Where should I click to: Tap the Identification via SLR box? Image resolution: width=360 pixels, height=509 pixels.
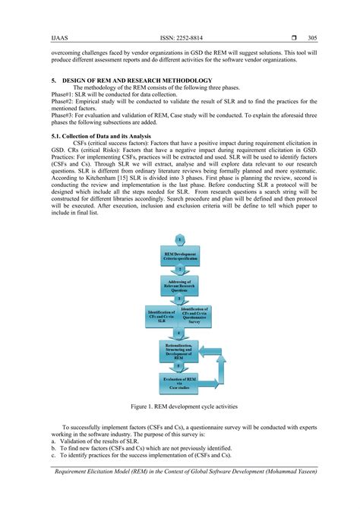click(x=161, y=315)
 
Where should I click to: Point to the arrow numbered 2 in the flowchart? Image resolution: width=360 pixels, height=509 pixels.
click(x=179, y=270)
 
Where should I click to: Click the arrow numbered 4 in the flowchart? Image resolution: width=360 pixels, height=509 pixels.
click(x=179, y=333)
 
